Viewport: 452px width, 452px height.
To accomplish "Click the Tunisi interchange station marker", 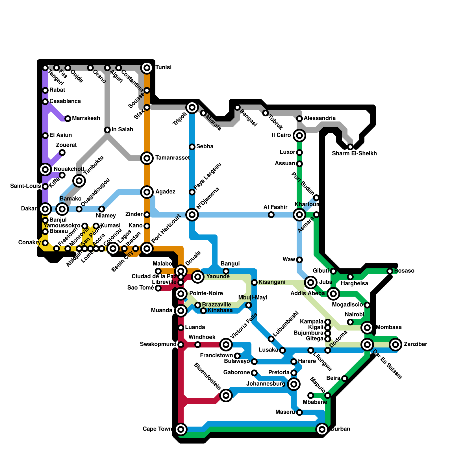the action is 147,68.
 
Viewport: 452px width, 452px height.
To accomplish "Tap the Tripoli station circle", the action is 192,107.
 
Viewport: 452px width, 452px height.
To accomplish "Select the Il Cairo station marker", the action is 299,136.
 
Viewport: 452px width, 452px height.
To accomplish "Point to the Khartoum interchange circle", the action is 299,215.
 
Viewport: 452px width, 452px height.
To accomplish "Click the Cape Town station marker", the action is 181,429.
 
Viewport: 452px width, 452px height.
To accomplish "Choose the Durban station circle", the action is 322,429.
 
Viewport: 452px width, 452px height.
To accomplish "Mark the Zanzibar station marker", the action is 395,345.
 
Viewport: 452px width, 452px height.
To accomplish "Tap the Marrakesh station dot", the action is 68,119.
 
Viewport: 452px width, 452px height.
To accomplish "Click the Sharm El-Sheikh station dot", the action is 350,147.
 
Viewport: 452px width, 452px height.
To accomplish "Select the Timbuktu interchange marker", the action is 79,181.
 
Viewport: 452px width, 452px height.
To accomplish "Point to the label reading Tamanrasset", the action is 172,158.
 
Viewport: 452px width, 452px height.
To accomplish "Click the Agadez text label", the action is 165,192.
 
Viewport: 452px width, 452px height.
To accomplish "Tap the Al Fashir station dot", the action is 271,215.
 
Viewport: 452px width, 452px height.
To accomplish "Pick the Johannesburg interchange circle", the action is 294,384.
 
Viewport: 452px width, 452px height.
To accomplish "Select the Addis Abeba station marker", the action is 333,294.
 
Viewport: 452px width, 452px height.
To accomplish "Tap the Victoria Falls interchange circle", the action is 226,344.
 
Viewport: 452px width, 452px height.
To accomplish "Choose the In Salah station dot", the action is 107,130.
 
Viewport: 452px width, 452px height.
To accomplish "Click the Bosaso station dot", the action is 390,271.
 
